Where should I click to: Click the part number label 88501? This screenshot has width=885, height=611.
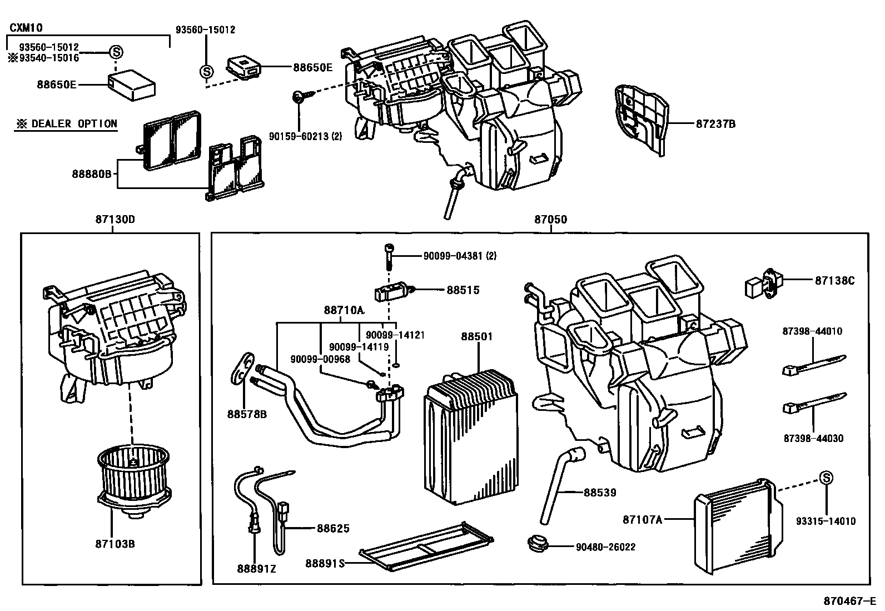476,336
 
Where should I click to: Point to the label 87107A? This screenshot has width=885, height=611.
642,519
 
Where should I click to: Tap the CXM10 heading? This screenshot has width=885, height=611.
26,27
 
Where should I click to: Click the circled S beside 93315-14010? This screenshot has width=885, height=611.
826,478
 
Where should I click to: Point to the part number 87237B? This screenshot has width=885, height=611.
715,123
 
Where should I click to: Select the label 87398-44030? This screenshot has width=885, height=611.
813,438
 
